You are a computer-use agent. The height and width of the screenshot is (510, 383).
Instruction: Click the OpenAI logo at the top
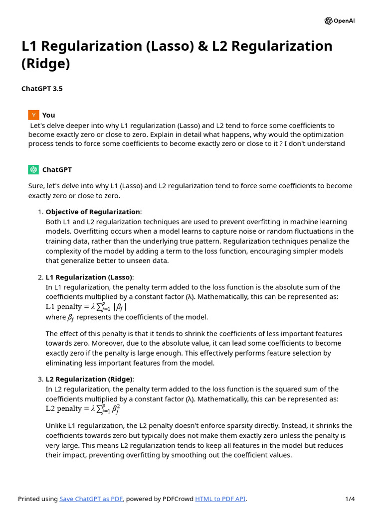pos(340,21)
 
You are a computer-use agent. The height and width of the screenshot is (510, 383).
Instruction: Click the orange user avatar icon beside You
pos(33,115)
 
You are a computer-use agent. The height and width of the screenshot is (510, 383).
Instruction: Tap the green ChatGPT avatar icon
pos(33,170)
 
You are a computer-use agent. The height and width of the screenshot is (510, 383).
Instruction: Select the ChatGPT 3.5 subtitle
pos(42,89)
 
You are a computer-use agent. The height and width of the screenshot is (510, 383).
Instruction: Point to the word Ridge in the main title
pos(45,64)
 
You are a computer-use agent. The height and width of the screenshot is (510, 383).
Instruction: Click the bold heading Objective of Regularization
pos(93,212)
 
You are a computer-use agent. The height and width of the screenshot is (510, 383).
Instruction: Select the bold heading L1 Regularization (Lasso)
pos(89,277)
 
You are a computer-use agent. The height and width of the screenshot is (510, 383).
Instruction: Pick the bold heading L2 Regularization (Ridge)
pos(89,379)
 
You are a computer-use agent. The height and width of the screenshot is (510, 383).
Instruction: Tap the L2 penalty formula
pos(83,409)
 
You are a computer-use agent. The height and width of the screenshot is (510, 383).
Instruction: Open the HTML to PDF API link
pos(220,499)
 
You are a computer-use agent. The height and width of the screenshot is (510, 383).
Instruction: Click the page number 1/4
pos(350,499)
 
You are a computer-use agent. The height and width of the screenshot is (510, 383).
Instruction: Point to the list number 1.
pos(40,212)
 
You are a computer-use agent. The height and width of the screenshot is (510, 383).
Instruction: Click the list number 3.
pos(40,379)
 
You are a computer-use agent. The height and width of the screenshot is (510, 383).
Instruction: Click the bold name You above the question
pos(48,115)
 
